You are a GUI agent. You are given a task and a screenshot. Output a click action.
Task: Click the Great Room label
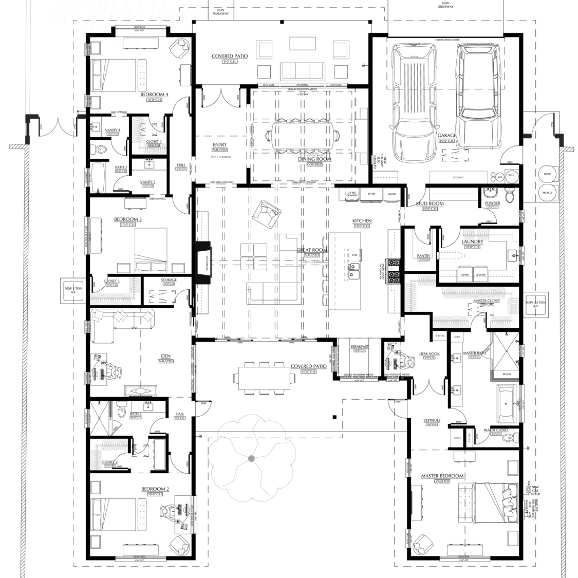pyautogui.click(x=312, y=250)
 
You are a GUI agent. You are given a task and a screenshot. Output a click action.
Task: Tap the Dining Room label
pyautogui.click(x=314, y=159)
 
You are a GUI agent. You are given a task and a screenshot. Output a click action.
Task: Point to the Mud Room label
pyautogui.click(x=430, y=203)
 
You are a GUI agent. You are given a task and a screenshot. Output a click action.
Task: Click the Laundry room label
pyautogui.click(x=472, y=241)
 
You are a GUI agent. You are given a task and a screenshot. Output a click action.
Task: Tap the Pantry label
pyautogui.click(x=423, y=255)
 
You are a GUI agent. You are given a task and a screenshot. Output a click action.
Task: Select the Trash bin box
pyautogui.click(x=547, y=174)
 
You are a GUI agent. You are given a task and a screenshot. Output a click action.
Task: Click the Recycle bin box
pyautogui.click(x=547, y=192)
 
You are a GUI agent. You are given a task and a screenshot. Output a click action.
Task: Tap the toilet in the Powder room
pyautogui.click(x=509, y=196)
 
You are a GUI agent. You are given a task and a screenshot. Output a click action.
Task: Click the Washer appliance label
pyautogui.click(x=480, y=275)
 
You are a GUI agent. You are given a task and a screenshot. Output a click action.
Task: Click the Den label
pyautogui.click(x=166, y=356)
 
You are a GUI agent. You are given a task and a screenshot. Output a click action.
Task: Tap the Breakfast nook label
pyautogui.click(x=360, y=347)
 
